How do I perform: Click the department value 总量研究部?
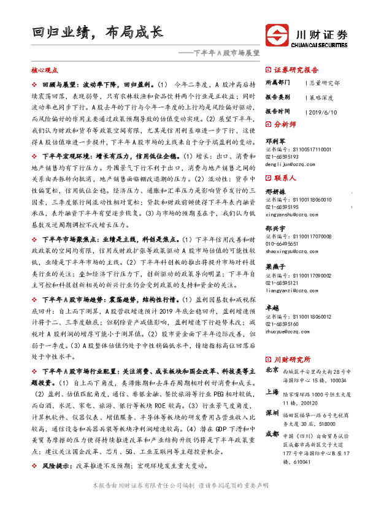click(324, 83)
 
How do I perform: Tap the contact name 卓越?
click(272, 308)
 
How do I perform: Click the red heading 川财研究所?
click(292, 359)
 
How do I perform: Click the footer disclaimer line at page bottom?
click(182, 502)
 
